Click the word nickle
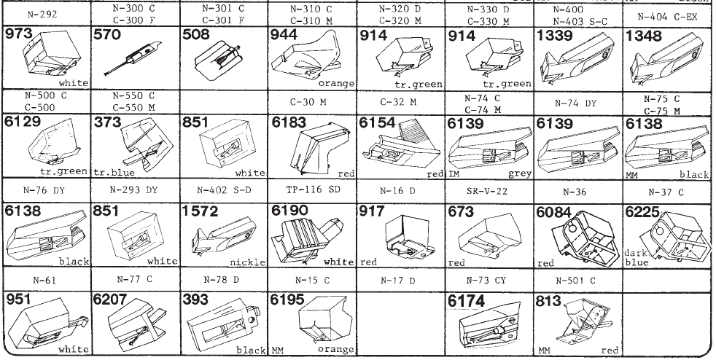[249, 261]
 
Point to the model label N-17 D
[397, 280]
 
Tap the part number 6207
[111, 299]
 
